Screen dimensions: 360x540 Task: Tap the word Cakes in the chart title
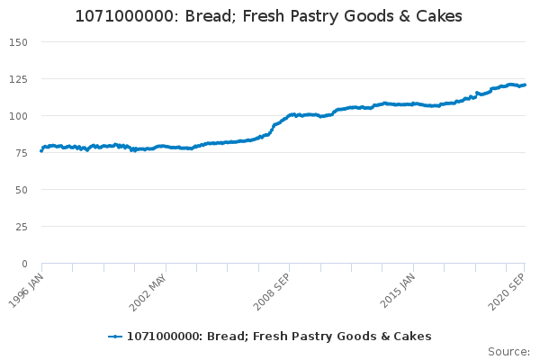coord(438,17)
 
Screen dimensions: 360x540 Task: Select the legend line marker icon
coord(115,337)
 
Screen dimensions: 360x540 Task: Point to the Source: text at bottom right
coord(508,351)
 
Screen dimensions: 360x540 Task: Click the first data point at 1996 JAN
coord(41,150)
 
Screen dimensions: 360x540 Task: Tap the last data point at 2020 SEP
coord(525,85)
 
